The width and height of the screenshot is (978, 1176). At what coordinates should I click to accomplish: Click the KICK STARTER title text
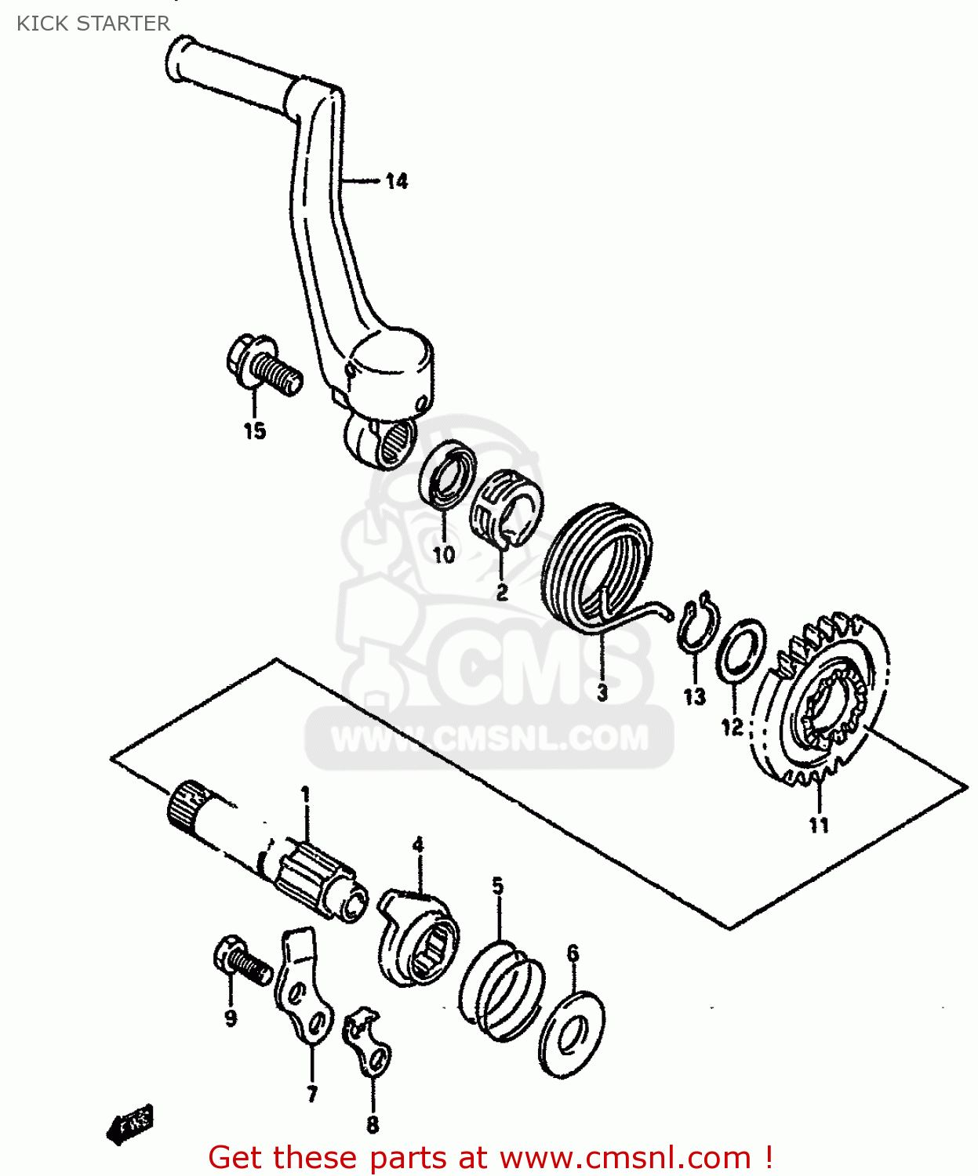[x=93, y=24]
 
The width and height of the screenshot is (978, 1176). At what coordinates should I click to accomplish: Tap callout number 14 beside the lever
[x=397, y=182]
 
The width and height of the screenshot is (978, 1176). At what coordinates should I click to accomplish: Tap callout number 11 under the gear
[x=819, y=825]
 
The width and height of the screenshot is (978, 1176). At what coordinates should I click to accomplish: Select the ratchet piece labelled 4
[x=418, y=937]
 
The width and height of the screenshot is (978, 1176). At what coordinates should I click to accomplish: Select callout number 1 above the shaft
[x=305, y=795]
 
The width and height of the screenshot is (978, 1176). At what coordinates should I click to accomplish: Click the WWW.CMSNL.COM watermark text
[x=489, y=738]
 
